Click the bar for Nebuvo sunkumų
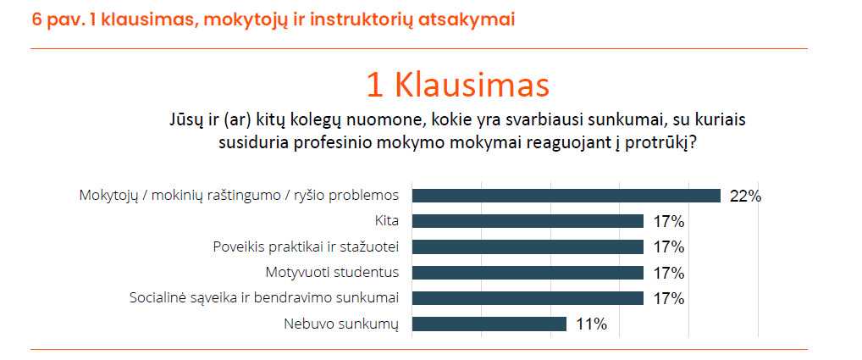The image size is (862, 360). pyautogui.click(x=489, y=324)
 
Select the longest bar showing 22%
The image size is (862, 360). pyautogui.click(x=566, y=196)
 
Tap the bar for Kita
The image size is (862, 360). pyautogui.click(x=528, y=221)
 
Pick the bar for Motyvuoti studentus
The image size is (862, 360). pyautogui.click(x=528, y=273)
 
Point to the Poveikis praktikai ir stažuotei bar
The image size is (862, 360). pyautogui.click(x=528, y=246)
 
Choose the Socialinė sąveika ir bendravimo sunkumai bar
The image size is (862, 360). pyautogui.click(x=528, y=298)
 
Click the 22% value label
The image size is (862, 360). pyautogui.click(x=745, y=197)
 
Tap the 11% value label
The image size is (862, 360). pyautogui.click(x=592, y=324)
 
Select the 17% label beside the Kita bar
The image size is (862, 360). pyautogui.click(x=668, y=221)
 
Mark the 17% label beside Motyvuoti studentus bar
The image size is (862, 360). pyautogui.click(x=668, y=273)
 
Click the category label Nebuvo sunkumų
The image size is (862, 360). pyautogui.click(x=341, y=324)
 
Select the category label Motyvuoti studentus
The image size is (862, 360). pyautogui.click(x=332, y=273)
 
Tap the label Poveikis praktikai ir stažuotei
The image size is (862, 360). pyautogui.click(x=306, y=247)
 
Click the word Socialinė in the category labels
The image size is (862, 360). pyautogui.click(x=154, y=298)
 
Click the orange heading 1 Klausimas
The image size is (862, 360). pyautogui.click(x=458, y=86)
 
